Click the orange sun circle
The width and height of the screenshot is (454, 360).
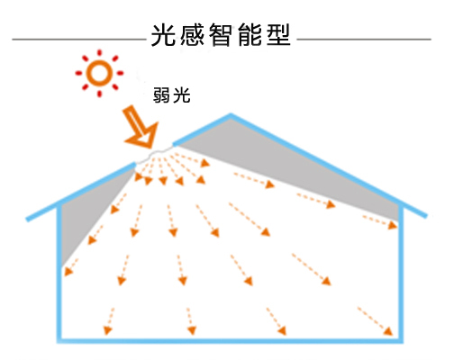[x=99, y=61]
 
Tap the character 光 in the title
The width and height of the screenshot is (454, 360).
[x=163, y=35]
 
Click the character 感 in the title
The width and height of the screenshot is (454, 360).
[x=192, y=35]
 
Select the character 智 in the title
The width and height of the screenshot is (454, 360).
[x=221, y=35]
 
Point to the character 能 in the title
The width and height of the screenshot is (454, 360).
[x=250, y=35]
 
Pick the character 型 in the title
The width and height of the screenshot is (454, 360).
[x=278, y=35]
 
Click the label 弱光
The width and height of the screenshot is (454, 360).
[x=171, y=95]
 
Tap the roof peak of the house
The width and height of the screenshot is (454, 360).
[x=231, y=115]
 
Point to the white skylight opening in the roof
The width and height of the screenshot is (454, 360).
[x=154, y=155]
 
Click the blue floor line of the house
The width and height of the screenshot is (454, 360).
[x=230, y=340]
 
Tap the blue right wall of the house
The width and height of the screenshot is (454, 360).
[x=401, y=273]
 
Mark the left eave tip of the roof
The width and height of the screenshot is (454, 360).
[x=28, y=220]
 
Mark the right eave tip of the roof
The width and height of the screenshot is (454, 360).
[x=425, y=216]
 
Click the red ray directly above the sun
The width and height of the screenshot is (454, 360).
[x=99, y=53]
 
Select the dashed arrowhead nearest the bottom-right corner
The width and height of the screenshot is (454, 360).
[x=388, y=331]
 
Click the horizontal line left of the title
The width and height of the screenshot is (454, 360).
[x=79, y=40]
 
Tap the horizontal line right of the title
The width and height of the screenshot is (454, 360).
[x=364, y=40]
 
